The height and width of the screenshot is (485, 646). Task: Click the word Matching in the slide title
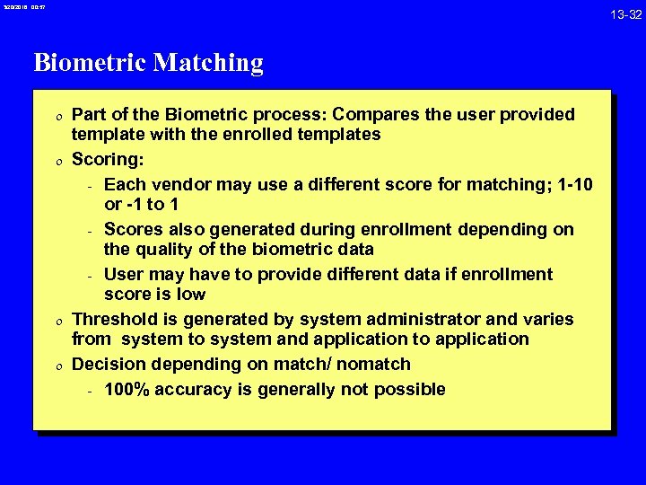coord(209,63)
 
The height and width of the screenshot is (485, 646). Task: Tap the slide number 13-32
coord(624,14)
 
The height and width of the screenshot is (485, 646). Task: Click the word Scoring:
coord(108,159)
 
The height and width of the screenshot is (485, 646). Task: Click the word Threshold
coord(114,319)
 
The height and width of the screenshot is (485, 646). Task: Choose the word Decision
coord(107,364)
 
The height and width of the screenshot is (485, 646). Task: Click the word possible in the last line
coord(412,389)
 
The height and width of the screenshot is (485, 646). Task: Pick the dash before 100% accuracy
coord(90,390)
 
